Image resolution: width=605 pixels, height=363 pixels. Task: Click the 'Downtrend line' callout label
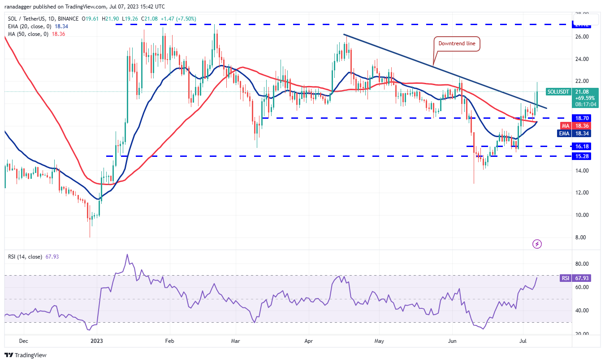456,44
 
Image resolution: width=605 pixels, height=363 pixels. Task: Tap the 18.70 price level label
585,118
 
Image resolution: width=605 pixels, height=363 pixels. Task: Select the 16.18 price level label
585,147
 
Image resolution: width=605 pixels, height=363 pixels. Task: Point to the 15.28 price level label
585,156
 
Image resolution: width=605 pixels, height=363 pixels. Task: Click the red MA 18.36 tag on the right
565,126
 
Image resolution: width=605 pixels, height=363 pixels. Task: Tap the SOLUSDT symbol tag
558,92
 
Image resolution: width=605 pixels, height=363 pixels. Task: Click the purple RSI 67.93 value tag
565,278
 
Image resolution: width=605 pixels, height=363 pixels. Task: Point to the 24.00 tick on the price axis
582,59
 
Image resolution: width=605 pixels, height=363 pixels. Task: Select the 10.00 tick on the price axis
582,215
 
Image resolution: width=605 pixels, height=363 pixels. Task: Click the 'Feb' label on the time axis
169,340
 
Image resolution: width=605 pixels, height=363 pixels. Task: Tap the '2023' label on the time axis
96,340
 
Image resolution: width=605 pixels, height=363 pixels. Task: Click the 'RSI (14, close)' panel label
25,257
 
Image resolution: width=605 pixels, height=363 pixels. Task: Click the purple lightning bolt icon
537,244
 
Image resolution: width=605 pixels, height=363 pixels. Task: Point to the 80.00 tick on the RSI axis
582,264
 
